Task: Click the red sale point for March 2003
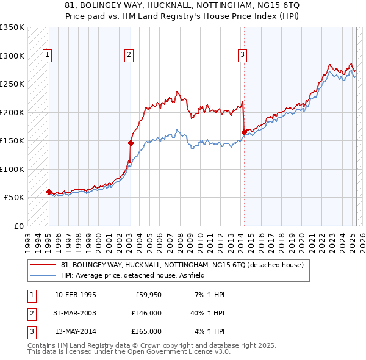(131, 143)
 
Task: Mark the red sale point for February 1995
(49, 192)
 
